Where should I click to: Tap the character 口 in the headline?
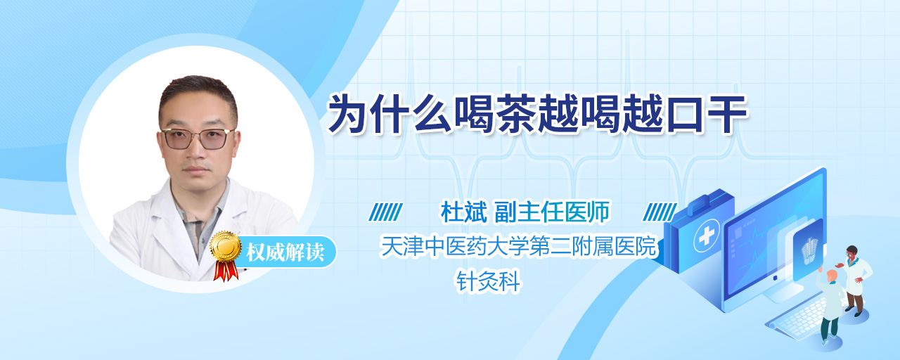pos(685,115)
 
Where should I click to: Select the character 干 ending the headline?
pos(727,114)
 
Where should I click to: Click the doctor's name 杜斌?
pos(464,212)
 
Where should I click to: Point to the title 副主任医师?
pos(552,212)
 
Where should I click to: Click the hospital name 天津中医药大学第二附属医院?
pos(518,246)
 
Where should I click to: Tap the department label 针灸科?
pos(488,281)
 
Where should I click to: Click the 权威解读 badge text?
pos(285,252)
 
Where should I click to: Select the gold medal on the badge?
pos(226,246)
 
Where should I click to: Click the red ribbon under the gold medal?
pos(226,271)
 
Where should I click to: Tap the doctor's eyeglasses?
pos(198,139)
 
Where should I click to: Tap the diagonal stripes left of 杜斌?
pos(386,212)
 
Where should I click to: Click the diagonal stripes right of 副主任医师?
pos(660,212)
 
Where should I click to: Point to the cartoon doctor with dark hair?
pos(854,280)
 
